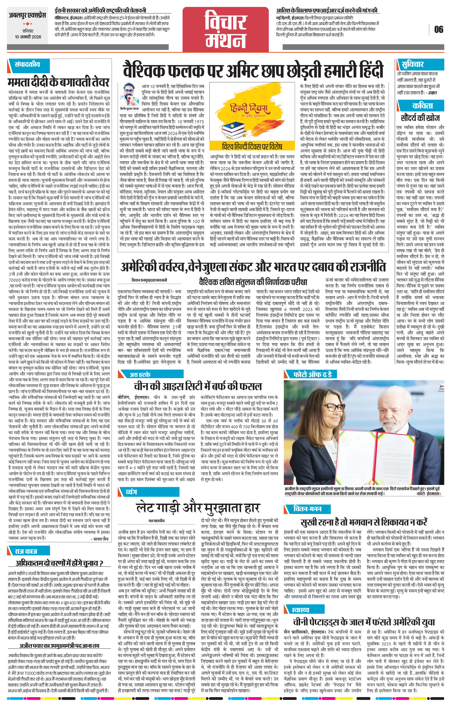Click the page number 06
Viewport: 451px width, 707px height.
[x=439, y=30]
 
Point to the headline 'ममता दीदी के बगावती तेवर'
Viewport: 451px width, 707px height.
[x=59, y=82]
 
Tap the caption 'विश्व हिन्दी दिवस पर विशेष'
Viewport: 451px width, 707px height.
[x=252, y=146]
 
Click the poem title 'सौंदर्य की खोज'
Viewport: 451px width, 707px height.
[x=420, y=118]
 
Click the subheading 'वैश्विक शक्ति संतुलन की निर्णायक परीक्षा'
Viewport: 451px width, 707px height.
[x=253, y=282]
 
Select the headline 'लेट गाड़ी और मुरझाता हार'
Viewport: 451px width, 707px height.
[x=198, y=507]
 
